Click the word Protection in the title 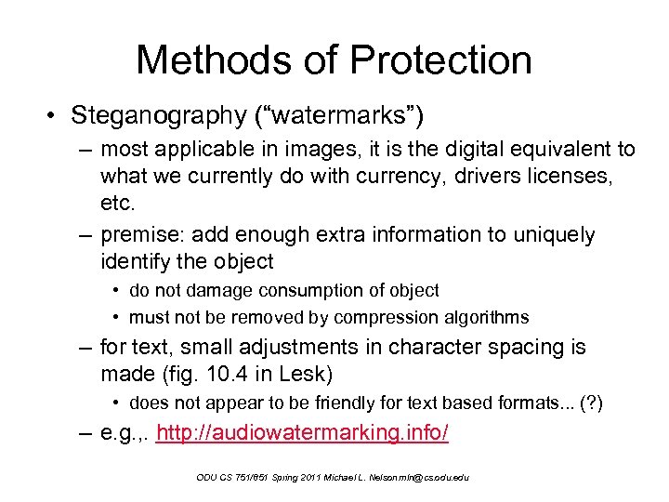(441, 60)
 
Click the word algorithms (486, 317)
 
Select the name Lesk (315, 374)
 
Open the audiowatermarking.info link (303, 433)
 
